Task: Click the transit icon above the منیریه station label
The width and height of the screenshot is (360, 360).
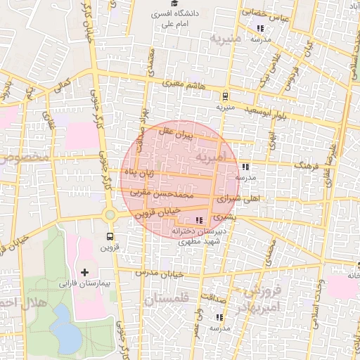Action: pos(225,96)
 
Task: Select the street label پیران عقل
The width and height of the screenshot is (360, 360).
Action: pos(174,132)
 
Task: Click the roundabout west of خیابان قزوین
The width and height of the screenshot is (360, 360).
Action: pos(110,214)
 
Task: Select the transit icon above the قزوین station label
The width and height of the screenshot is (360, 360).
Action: pos(110,236)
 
